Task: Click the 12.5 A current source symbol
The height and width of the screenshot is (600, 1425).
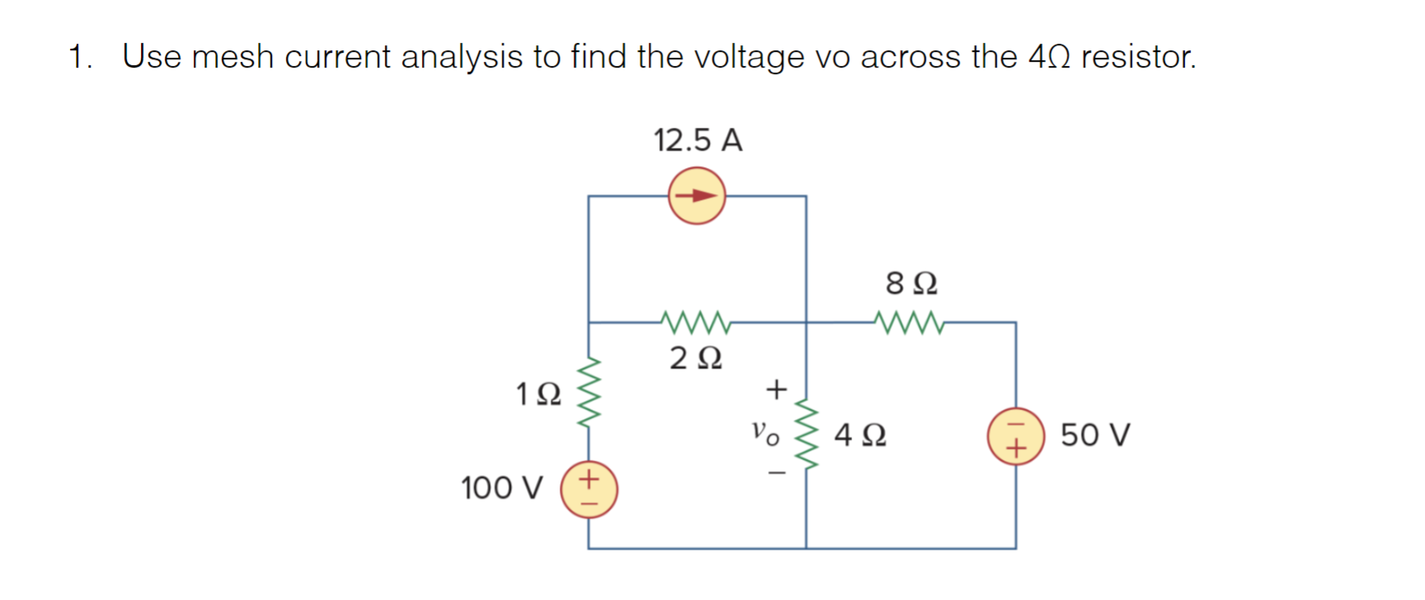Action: point(696,196)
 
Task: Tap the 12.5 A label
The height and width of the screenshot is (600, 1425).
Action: point(697,140)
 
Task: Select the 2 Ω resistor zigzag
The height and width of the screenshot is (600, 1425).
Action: point(696,322)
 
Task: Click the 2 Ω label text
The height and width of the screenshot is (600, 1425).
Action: point(696,359)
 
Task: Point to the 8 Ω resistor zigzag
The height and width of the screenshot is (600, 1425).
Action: point(909,322)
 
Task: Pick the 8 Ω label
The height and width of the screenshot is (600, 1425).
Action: point(911,284)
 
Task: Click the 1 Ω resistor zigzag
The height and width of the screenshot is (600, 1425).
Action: point(588,394)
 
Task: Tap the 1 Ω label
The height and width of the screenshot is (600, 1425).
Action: point(538,394)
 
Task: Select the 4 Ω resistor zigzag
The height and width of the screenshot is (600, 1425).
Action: point(806,435)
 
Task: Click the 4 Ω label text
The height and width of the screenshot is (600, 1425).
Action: point(860,434)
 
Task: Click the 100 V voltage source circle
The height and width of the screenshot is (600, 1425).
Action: point(588,490)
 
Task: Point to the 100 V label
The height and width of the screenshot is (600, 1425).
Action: point(501,488)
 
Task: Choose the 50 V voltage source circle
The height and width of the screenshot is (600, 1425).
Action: point(1015,436)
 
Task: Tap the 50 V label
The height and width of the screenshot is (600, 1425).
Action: point(1095,434)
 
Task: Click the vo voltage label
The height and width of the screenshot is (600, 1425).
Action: point(764,432)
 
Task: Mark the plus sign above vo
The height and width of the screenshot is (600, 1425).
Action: point(776,388)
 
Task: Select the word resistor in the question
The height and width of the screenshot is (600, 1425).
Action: point(1137,57)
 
